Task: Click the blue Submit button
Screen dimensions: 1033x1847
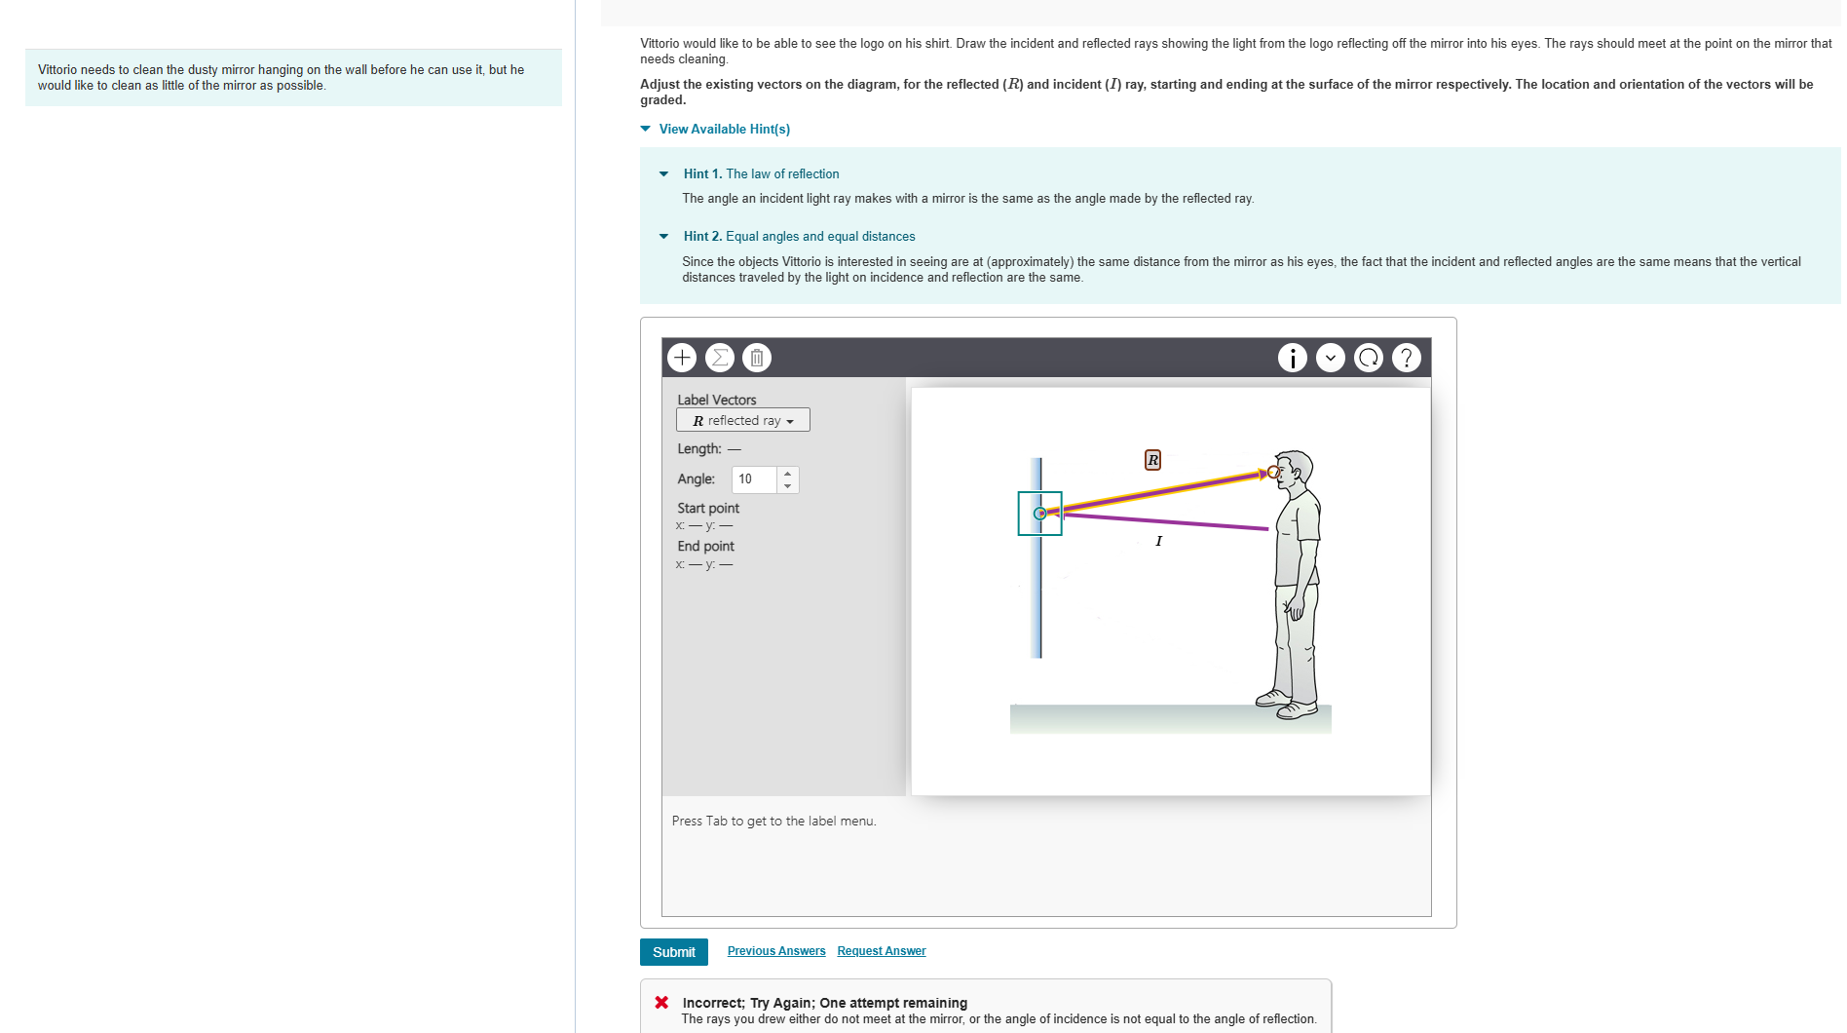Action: (x=673, y=952)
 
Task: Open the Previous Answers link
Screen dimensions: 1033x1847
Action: (x=775, y=951)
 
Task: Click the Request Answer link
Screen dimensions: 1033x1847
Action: (x=881, y=951)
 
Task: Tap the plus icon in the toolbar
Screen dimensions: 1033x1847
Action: (x=682, y=358)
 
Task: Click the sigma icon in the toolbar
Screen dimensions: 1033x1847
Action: (x=719, y=358)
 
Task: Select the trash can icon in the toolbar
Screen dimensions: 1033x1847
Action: (x=757, y=358)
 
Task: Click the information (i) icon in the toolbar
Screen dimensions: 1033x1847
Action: (x=1292, y=358)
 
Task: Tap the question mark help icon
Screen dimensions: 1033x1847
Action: (x=1406, y=358)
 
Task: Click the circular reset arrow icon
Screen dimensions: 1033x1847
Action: (x=1368, y=358)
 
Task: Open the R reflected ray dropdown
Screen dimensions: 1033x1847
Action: (x=743, y=420)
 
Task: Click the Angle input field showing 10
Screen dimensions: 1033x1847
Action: (x=755, y=479)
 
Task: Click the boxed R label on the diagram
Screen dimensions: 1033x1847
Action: (x=1152, y=460)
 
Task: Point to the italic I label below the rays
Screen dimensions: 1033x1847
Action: (x=1158, y=541)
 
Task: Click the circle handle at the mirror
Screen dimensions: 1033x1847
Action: (x=1040, y=514)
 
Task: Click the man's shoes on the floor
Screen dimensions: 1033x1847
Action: (x=1286, y=704)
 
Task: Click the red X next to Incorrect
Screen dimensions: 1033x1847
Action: (x=661, y=1002)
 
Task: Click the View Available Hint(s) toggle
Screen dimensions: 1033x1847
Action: (x=723, y=129)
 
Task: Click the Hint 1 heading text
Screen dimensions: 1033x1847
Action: (x=761, y=173)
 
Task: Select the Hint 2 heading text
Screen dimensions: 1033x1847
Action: (x=799, y=236)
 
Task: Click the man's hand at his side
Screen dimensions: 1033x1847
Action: (x=1295, y=610)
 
